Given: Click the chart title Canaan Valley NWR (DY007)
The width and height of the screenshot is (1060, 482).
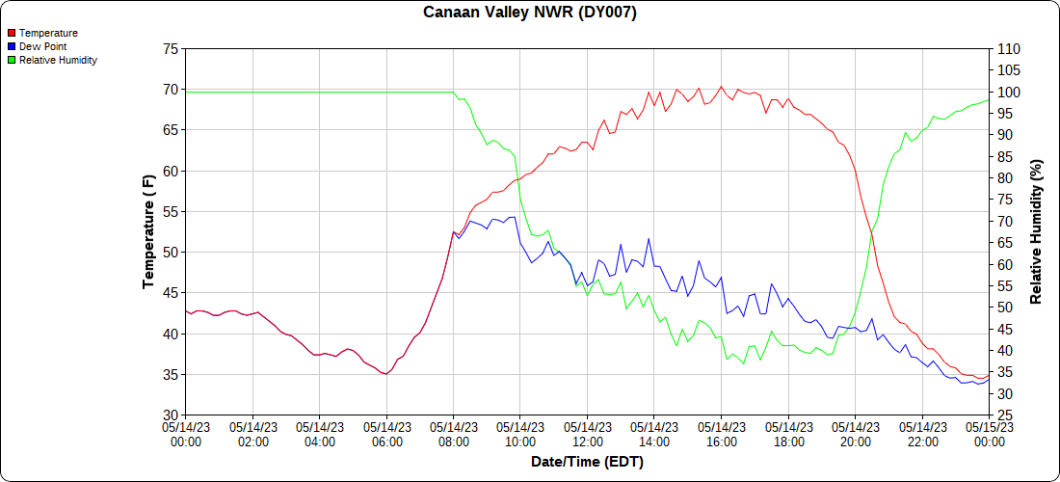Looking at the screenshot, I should (530, 13).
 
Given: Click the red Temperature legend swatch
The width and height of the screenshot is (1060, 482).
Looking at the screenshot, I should (12, 33).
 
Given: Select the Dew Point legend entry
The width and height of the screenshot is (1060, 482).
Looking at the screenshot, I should (40, 46).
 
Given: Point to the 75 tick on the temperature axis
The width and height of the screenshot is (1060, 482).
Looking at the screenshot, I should (171, 48).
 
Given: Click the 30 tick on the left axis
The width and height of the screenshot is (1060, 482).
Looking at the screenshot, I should (171, 415).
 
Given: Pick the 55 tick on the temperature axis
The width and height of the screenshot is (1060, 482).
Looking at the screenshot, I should (171, 211).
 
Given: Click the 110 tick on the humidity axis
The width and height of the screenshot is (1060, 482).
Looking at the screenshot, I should (1007, 48).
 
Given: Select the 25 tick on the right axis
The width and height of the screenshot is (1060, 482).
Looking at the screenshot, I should (1003, 415).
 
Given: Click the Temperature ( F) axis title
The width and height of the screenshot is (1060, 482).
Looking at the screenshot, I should (148, 231).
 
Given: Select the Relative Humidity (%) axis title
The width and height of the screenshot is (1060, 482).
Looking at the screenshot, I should (1037, 231).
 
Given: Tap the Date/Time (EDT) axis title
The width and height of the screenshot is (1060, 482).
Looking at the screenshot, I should (587, 462).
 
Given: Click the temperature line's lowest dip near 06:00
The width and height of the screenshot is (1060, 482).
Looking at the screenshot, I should (385, 374).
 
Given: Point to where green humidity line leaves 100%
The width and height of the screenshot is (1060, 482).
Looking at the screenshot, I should (453, 93).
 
